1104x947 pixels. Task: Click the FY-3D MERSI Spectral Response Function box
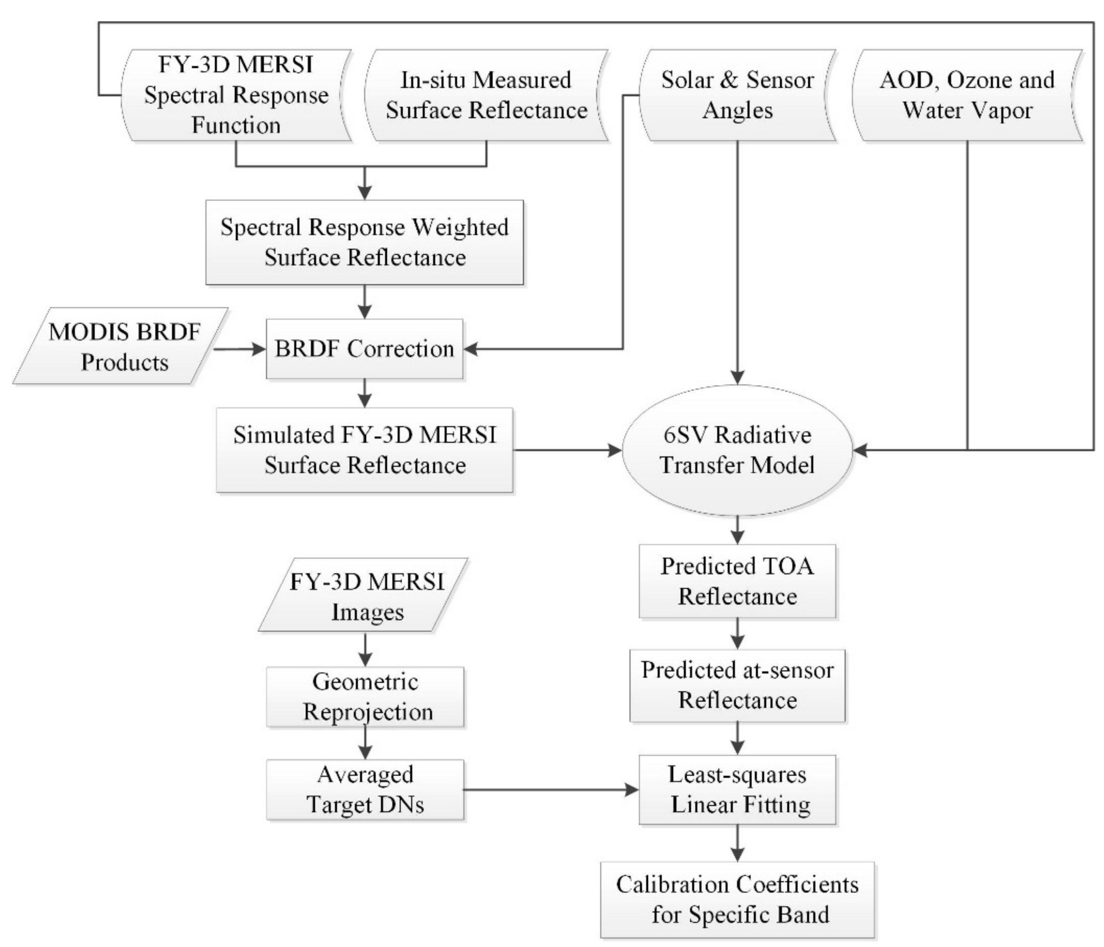pos(236,96)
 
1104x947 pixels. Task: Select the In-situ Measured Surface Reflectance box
pos(486,96)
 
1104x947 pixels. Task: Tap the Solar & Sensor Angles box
pos(737,96)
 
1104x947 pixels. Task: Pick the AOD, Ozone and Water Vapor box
pos(967,96)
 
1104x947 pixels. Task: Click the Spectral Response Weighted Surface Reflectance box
pos(364,242)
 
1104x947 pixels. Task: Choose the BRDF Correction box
pos(364,349)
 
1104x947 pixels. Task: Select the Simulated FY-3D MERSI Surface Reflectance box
pos(364,450)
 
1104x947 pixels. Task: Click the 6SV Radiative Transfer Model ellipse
pos(737,450)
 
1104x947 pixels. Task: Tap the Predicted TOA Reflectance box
pos(737,581)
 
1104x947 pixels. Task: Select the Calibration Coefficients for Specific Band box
pos(737,899)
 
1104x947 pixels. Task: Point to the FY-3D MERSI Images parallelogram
pos(364,596)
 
